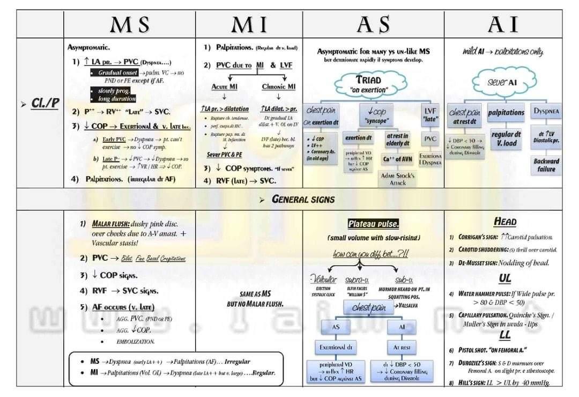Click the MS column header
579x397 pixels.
(x=129, y=25)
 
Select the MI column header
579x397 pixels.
(x=249, y=25)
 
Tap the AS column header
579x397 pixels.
(x=373, y=25)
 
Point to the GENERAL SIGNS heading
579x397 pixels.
(x=304, y=200)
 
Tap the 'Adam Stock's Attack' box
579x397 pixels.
(x=397, y=179)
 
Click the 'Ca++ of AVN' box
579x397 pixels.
(x=397, y=159)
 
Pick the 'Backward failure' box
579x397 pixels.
(x=546, y=165)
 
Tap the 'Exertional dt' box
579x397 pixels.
(x=335, y=347)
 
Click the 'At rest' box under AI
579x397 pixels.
(x=402, y=347)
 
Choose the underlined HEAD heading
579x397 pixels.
(x=504, y=222)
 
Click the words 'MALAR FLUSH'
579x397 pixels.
(x=111, y=223)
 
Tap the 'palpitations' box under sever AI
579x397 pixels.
(x=506, y=113)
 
